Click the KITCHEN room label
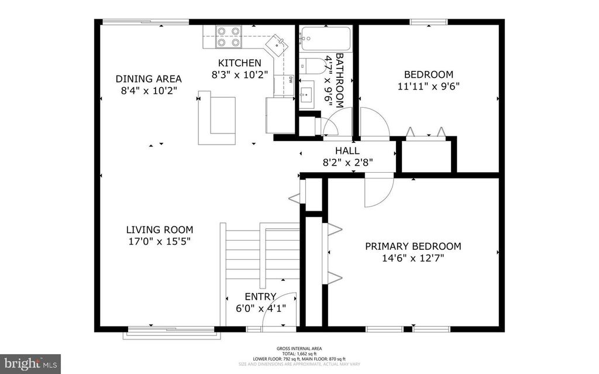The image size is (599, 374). (x=239, y=63)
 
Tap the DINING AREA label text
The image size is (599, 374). (x=148, y=78)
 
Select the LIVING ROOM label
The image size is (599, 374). (x=159, y=230)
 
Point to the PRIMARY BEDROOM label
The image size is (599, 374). (x=413, y=246)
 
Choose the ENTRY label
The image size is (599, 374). (x=260, y=297)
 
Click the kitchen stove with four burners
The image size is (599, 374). (x=229, y=37)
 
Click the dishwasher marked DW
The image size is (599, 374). (x=288, y=82)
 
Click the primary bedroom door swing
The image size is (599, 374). (x=377, y=192)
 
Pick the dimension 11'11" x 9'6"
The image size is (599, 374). (x=429, y=86)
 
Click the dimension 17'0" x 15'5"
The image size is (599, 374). (x=159, y=241)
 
